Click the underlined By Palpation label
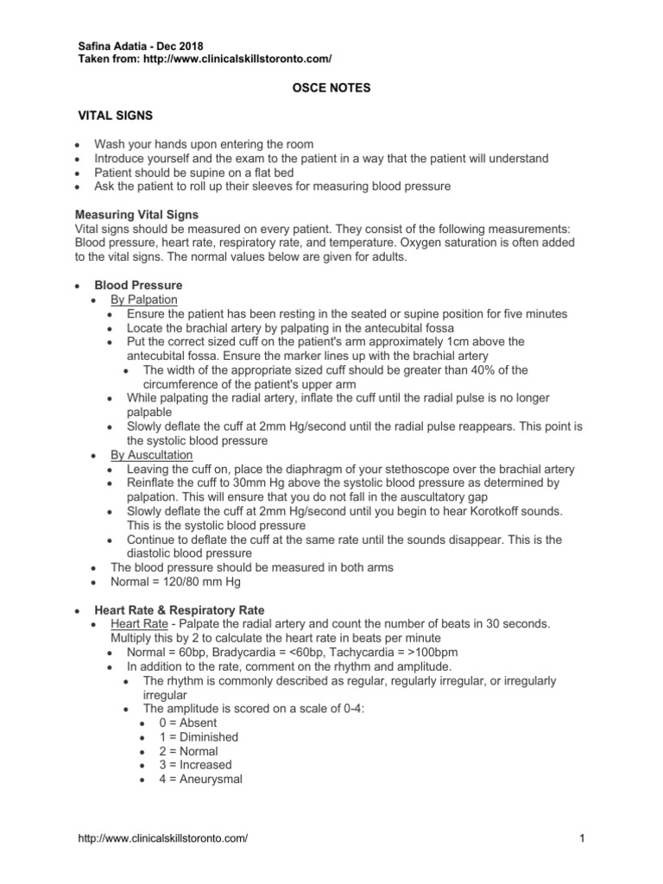pyautogui.click(x=144, y=299)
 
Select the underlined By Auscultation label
pyautogui.click(x=152, y=455)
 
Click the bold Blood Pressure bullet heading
pyautogui.click(x=138, y=285)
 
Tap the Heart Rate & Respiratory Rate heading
pyautogui.click(x=180, y=610)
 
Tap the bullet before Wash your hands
pyautogui.click(x=79, y=144)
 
